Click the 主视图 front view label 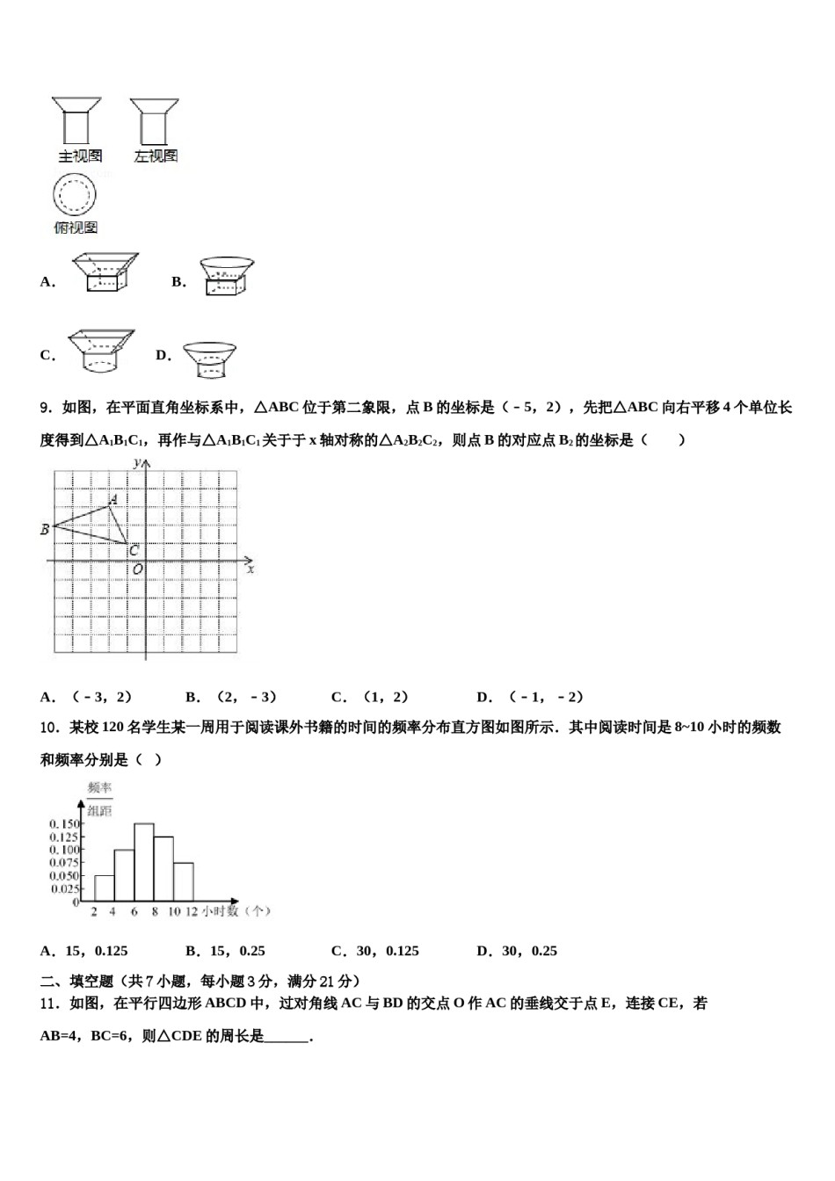coord(80,156)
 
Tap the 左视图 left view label coord(156,156)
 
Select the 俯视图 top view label coord(76,228)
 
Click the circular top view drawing coord(75,195)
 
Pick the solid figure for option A coord(105,273)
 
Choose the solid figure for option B coord(227,276)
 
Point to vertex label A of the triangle coord(113,499)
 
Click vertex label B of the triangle coord(45,529)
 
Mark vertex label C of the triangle coord(134,551)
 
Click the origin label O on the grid coord(137,569)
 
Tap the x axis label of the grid coord(250,569)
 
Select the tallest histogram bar coord(143,862)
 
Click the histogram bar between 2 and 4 coord(104,888)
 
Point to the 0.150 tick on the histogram coord(65,823)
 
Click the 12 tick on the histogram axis coord(191,912)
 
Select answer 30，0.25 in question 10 coord(526,951)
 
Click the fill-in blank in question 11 coord(287,1037)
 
